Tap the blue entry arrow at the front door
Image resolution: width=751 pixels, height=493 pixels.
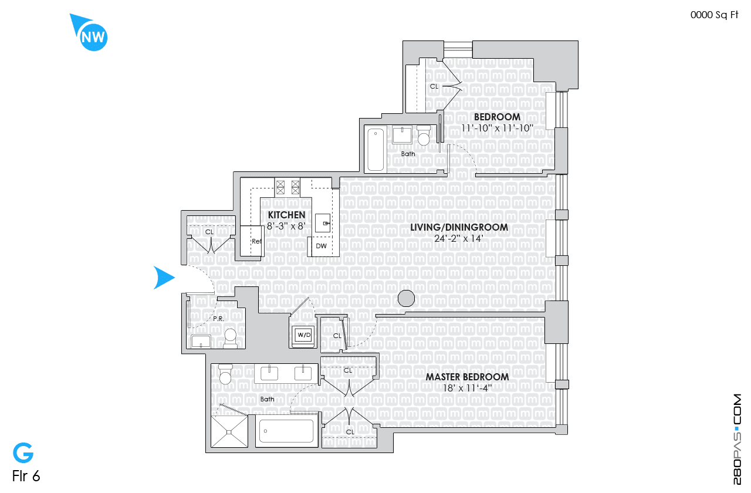pyautogui.click(x=164, y=278)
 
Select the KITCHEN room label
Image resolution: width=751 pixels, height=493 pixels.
pyautogui.click(x=287, y=215)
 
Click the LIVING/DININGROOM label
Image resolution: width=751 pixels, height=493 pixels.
pyautogui.click(x=459, y=227)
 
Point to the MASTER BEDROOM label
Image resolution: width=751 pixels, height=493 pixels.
pyautogui.click(x=467, y=377)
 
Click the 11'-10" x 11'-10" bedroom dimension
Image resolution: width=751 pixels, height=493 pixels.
pyautogui.click(x=497, y=129)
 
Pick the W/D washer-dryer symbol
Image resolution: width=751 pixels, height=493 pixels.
pyautogui.click(x=304, y=335)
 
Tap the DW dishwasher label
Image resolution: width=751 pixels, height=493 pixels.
pyautogui.click(x=321, y=246)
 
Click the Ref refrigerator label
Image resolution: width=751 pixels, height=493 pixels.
pyautogui.click(x=256, y=241)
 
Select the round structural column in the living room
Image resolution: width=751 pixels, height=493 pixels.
pyautogui.click(x=406, y=299)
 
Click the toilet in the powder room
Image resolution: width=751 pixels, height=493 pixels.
pyautogui.click(x=231, y=338)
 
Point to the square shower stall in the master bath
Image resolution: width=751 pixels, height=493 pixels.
pyautogui.click(x=229, y=431)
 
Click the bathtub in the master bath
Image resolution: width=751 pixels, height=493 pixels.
pyautogui.click(x=287, y=431)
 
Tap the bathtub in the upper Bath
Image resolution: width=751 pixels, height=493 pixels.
pyautogui.click(x=375, y=150)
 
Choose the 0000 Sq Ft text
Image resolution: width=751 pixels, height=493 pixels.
pyautogui.click(x=714, y=15)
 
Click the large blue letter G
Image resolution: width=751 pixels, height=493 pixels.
pyautogui.click(x=23, y=453)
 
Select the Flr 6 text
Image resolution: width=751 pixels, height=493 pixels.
pyautogui.click(x=26, y=476)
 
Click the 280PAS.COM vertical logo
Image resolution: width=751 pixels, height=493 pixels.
pyautogui.click(x=737, y=440)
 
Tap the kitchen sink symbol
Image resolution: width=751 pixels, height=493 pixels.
pyautogui.click(x=323, y=222)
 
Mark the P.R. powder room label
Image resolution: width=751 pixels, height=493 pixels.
pyautogui.click(x=219, y=319)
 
